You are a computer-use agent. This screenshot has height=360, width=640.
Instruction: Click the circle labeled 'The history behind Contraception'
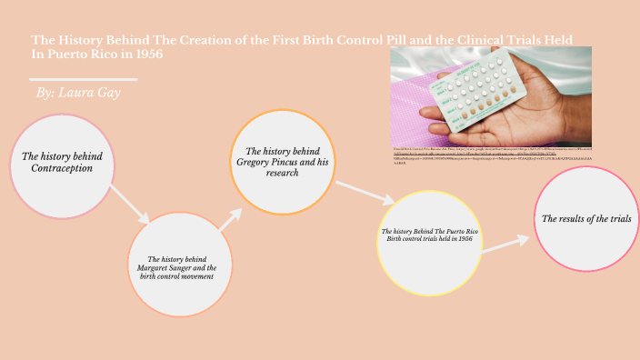pyautogui.click(x=61, y=166)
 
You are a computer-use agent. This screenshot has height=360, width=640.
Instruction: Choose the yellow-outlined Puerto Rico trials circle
pyautogui.click(x=429, y=239)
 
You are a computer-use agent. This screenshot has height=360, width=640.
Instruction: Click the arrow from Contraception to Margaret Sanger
pyautogui.click(x=129, y=204)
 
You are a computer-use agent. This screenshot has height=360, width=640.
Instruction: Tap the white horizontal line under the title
pyautogui.click(x=85, y=79)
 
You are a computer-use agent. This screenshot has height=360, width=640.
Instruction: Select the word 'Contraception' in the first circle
pyautogui.click(x=61, y=168)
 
